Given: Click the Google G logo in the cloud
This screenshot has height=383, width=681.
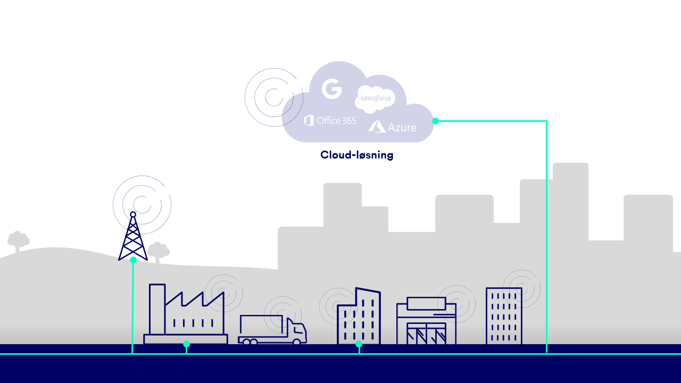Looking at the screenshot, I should pos(331,88).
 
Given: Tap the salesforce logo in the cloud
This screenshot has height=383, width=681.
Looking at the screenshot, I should pos(376,98).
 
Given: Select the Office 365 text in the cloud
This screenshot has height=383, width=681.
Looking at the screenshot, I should pos(330,121).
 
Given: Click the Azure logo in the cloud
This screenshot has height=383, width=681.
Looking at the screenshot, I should pos(393,127).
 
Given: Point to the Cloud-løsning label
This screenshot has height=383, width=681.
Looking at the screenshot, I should pos(356,155).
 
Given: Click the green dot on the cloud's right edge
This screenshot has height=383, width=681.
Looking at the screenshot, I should pos(435,121).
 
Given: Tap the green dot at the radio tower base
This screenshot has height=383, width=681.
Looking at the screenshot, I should pos(133,260).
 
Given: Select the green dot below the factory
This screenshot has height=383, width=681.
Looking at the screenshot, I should pos(186,344).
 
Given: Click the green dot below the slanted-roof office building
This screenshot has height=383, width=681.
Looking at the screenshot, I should pos(359,344).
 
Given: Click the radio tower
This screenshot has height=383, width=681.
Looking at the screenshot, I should pos(133,239).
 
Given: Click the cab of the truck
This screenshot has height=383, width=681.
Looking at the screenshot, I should pos(297,331).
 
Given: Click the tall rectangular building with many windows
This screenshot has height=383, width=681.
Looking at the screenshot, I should pos(504,316).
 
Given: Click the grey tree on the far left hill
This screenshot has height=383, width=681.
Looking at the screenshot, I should pos(18,241).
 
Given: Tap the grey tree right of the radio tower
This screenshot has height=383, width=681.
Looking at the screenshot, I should pos(159,251).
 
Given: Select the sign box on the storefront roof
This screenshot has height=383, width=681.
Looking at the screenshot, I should pos(426,303).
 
